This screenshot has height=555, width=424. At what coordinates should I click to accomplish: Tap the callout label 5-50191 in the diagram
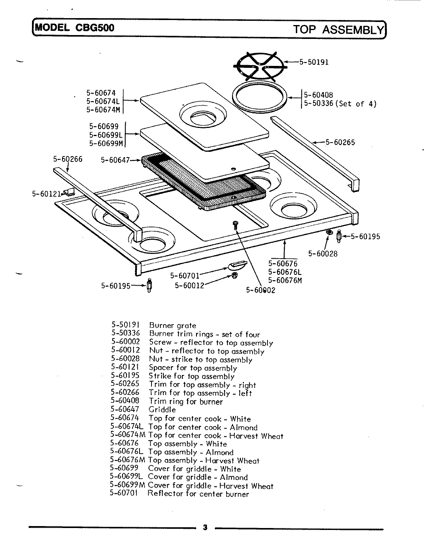314,62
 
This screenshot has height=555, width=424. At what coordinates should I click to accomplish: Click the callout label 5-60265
340,142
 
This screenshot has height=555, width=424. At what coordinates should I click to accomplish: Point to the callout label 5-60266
68,159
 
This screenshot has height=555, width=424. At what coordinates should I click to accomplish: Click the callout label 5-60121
46,194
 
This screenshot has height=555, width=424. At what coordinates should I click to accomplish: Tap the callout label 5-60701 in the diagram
185,276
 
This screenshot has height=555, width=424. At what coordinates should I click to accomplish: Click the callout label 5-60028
323,253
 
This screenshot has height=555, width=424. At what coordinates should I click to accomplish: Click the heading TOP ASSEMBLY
338,30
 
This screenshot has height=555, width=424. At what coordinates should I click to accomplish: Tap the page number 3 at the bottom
205,528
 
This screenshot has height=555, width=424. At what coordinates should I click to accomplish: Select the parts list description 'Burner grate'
172,326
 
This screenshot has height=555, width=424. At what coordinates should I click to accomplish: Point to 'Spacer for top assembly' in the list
193,368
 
